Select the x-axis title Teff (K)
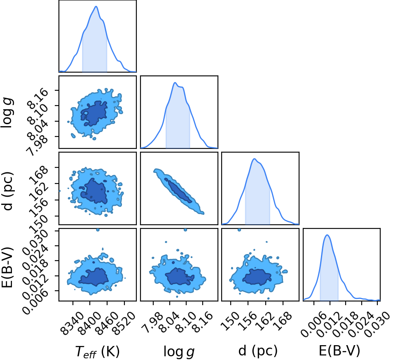coord(97,351)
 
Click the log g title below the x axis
coord(179,352)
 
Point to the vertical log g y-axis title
coord(7,113)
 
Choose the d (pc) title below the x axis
coord(258,351)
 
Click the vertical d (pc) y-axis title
coord(7,191)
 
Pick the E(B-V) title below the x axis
coord(339,351)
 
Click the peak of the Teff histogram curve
coord(96,7)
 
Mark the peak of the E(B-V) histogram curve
coord(327,235)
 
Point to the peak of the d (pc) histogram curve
coord(255,159)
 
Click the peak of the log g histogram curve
coord(175,82)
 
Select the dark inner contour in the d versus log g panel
coord(178,190)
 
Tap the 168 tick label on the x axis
coord(283,319)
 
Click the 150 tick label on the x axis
coord(230,319)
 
